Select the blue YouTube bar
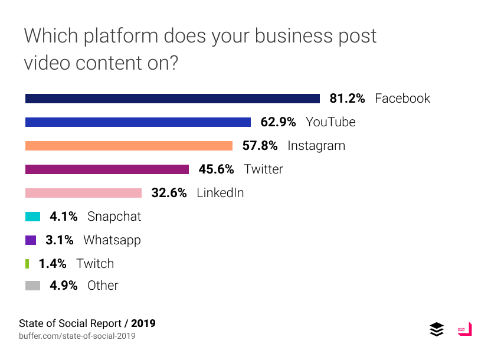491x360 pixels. [138, 122]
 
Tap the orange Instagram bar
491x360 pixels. [129, 146]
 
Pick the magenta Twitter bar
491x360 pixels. [107, 169]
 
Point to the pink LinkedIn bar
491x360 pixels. [83, 193]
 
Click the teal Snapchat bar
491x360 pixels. [32, 217]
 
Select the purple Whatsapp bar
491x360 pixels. [31, 240]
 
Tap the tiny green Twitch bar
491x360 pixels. [27, 264]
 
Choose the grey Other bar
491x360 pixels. [32, 286]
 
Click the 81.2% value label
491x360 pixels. [347, 99]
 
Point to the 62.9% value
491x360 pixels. [278, 122]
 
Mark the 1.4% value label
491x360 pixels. [53, 264]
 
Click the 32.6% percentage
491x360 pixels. [169, 193]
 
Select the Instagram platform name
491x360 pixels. [316, 146]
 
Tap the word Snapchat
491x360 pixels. [114, 217]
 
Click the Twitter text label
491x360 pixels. [264, 169]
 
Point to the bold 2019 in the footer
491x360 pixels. [143, 323]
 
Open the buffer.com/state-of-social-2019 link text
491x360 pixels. [77, 336]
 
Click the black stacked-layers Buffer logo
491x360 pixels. [437, 329]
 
